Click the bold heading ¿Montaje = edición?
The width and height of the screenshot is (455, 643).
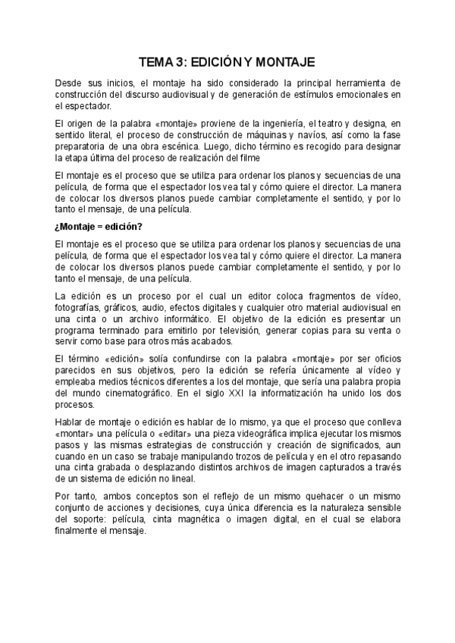(x=99, y=227)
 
